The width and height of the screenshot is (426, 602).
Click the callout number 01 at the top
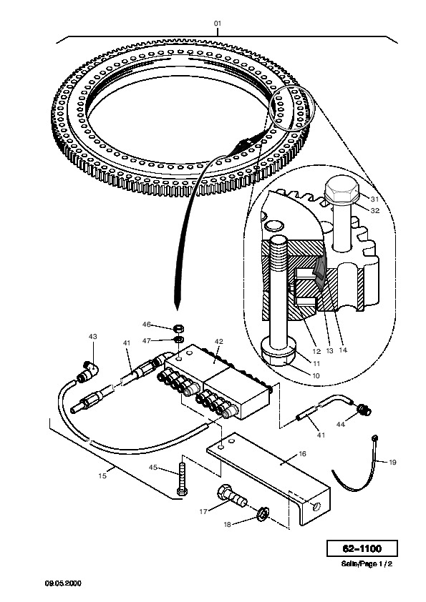tap(218, 24)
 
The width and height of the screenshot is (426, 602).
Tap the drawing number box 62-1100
tap(362, 548)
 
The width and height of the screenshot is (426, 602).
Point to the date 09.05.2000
tap(63, 583)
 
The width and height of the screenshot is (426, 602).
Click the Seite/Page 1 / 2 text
tap(367, 564)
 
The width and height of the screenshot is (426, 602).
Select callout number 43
tap(92, 337)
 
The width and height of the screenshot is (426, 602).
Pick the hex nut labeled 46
tap(178, 329)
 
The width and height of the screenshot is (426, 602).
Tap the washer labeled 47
tap(178, 340)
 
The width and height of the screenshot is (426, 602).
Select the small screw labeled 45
tap(181, 479)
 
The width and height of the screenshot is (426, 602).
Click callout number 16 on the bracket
tap(302, 454)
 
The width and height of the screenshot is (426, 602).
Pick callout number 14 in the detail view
tap(343, 350)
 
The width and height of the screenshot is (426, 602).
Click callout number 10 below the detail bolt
tap(315, 375)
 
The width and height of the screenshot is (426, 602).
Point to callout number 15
tap(102, 476)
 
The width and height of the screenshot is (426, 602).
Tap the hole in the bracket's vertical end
tap(316, 507)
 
